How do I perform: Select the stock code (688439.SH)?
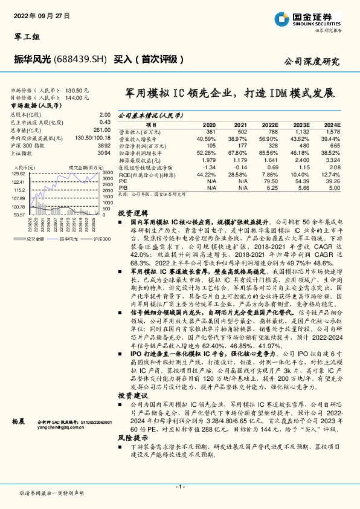pyautogui.click(x=80, y=59)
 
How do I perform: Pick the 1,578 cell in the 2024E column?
pyautogui.click(x=332, y=131)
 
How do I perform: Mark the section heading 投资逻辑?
pyautogui.click(x=132, y=213)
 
